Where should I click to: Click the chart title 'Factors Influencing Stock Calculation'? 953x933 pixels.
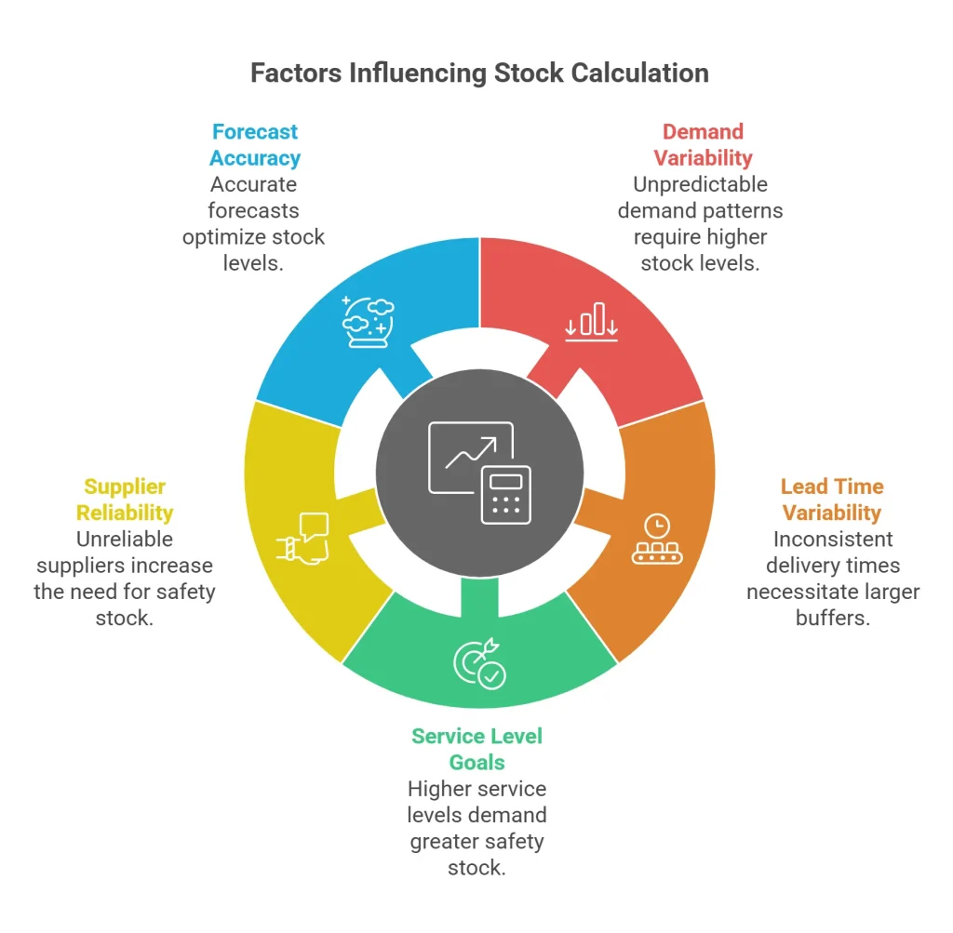coord(479,73)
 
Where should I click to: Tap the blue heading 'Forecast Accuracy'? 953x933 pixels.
coord(254,145)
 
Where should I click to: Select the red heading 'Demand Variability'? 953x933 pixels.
coord(703,145)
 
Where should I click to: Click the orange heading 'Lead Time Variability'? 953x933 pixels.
coord(831,500)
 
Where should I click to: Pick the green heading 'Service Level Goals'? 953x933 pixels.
coord(476,750)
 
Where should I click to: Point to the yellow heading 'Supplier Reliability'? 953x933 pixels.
coord(125,500)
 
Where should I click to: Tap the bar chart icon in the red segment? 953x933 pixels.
coord(592,321)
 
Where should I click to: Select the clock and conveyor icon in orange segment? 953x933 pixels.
coord(657,539)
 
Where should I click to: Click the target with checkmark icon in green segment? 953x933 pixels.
coord(479,663)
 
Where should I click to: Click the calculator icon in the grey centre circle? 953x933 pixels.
coord(505,493)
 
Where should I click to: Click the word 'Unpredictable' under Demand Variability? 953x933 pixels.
coord(700,184)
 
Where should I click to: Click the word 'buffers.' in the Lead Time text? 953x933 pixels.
coord(832,618)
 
